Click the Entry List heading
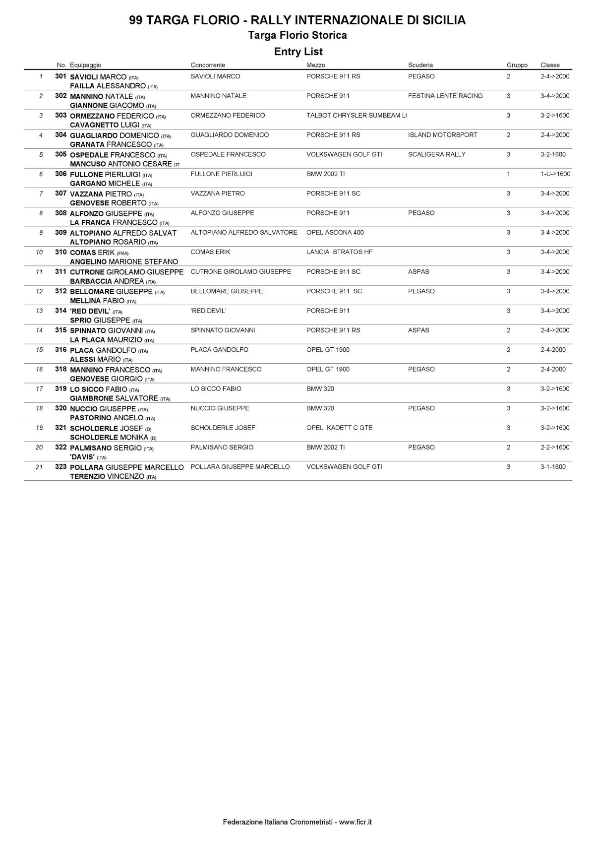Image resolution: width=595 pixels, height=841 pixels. [298, 52]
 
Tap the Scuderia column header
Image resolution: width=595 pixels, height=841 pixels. [420, 65]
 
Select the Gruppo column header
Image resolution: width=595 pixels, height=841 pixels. [517, 65]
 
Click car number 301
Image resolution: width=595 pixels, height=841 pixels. [60, 76]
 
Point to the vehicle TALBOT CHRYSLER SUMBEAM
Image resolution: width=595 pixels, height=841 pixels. [356, 116]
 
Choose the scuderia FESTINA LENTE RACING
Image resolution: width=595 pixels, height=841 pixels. [445, 96]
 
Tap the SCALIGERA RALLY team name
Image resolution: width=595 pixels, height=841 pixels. [436, 154]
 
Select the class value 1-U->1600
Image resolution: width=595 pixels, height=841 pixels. [555, 174]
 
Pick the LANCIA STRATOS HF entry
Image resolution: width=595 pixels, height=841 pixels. [339, 252]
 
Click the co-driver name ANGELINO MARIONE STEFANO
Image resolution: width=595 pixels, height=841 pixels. [124, 261]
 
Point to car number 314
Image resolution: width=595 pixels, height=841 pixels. [60, 311]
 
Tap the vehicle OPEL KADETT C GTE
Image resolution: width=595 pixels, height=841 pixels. [339, 428]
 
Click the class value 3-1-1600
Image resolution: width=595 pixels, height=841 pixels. [552, 467]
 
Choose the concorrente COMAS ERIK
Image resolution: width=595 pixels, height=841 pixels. [210, 252]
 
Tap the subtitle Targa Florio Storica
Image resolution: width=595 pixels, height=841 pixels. [297, 35]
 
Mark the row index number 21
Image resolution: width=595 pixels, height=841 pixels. [39, 467]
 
